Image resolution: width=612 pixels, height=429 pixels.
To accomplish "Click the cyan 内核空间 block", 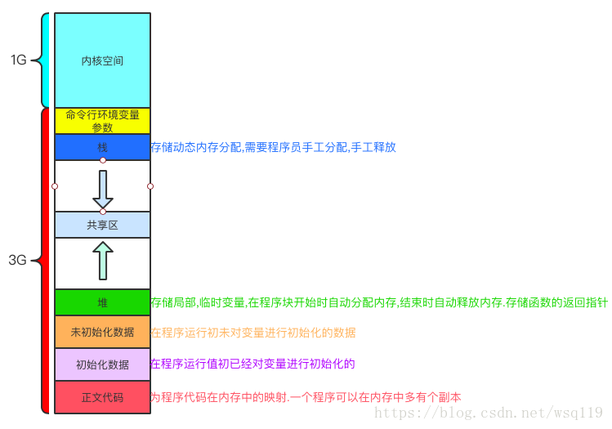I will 102,60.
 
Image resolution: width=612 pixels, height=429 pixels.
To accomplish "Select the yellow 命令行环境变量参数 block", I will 102,121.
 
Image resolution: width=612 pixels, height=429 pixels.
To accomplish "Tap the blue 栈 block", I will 102,148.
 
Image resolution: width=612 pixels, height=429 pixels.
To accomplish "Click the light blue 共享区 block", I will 102,225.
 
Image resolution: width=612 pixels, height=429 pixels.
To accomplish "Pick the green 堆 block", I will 102,302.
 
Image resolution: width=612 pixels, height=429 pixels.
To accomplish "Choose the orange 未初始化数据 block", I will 102,333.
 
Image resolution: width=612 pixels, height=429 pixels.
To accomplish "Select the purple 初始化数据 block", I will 102,364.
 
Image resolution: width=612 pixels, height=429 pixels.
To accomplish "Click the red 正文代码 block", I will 102,397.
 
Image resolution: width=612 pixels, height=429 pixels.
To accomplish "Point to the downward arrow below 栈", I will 103,189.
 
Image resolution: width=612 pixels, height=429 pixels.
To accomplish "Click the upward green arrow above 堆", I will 103,261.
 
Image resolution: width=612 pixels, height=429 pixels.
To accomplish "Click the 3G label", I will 18,261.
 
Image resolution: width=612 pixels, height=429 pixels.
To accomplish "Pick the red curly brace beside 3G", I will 43,261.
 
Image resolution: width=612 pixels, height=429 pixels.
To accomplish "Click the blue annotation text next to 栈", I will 273,148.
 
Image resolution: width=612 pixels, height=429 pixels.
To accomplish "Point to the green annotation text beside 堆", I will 379,302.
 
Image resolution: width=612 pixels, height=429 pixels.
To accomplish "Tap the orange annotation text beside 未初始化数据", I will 253,333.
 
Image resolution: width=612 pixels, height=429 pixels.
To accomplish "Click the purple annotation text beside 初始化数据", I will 253,364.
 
